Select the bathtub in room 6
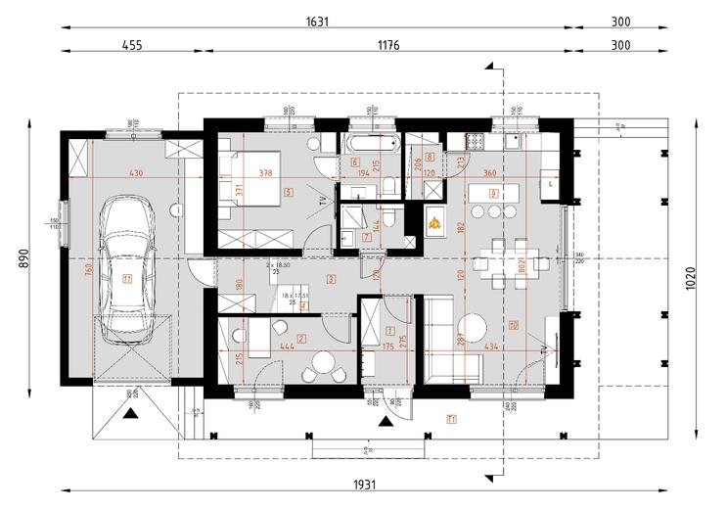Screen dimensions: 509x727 (x=370, y=143)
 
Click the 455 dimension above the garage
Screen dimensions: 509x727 (x=133, y=44)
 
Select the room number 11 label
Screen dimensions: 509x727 (x=126, y=278)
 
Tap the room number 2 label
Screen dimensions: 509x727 (x=301, y=338)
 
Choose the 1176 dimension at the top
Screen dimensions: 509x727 (x=390, y=44)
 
